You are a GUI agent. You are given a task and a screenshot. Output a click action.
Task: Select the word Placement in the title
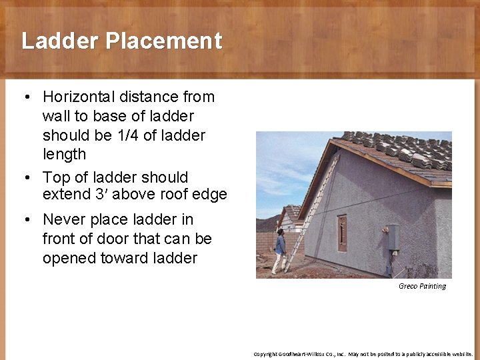(163, 41)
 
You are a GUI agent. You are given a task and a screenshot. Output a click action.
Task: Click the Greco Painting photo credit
(422, 286)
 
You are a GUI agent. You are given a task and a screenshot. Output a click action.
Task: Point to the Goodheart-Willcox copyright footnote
(363, 353)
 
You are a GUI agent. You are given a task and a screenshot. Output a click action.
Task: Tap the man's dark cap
(280, 231)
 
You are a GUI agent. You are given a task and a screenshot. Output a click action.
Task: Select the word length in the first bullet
(64, 155)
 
